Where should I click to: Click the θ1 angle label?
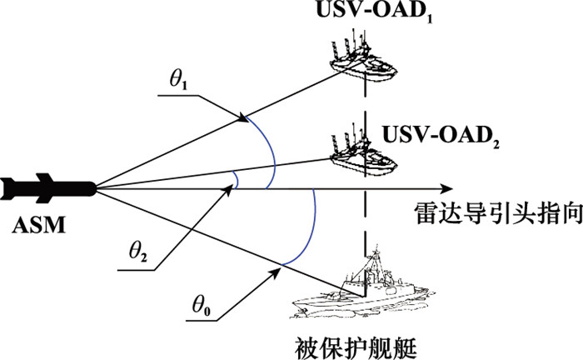click(179, 82)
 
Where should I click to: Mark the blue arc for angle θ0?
click(309, 229)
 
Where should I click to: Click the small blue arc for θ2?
click(237, 181)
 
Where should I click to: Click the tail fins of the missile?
click(10, 187)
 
